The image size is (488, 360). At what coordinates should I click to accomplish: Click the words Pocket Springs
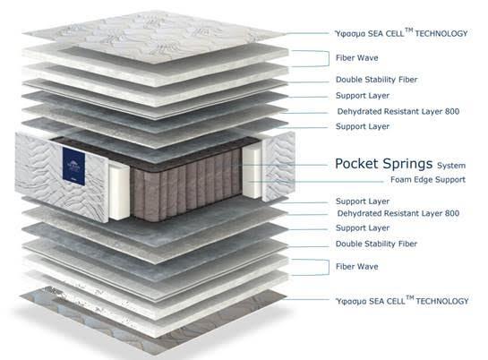[x=383, y=164]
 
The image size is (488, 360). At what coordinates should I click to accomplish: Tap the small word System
[x=451, y=166]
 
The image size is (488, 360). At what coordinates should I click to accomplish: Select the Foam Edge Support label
[x=428, y=180]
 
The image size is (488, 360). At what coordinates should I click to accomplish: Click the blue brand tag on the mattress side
[x=73, y=167]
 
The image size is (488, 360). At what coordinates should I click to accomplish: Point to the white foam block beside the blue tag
[x=119, y=191]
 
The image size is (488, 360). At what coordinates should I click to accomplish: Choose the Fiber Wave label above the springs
[x=357, y=58]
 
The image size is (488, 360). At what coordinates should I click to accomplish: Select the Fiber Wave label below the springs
[x=357, y=267]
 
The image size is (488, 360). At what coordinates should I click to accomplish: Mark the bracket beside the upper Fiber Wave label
[x=329, y=58]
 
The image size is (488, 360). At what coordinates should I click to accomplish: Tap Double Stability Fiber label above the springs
[x=376, y=80]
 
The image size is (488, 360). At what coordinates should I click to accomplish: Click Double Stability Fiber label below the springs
[x=376, y=244]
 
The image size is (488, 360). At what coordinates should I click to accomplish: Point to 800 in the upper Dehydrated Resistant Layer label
[x=452, y=111]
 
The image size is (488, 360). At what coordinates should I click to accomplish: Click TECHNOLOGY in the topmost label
[x=441, y=34]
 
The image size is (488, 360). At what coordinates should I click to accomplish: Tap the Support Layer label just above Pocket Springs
[x=363, y=126]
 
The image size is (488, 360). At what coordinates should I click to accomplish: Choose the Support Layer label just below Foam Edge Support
[x=363, y=201]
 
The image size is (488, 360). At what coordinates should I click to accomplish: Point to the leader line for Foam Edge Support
[x=316, y=181]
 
